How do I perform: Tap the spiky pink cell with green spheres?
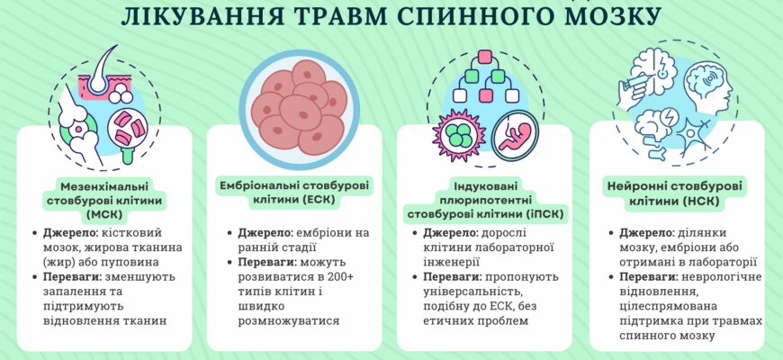coord(459,134)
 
